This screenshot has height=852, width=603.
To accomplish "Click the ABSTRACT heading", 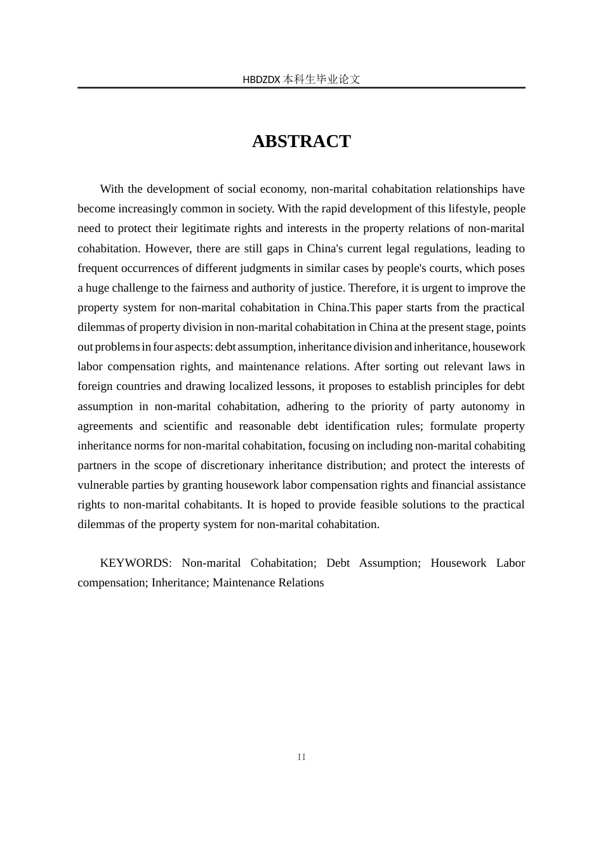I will click(301, 141).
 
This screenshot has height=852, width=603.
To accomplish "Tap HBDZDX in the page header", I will click(261, 80).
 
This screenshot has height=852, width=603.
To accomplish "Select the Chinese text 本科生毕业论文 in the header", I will click(322, 80).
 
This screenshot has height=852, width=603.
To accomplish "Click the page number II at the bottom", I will click(301, 757).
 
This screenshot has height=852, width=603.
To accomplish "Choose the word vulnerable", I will click(102, 485).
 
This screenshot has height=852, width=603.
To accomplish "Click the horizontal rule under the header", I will click(301, 88).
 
